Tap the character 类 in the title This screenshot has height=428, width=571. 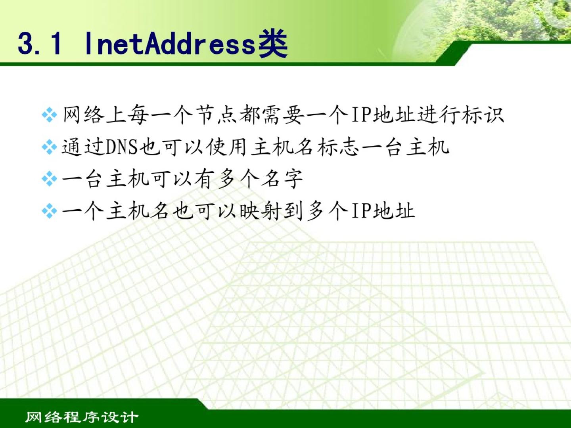click(273, 43)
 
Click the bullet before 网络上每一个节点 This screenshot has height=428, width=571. click(49, 115)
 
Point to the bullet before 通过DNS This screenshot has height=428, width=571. click(49, 147)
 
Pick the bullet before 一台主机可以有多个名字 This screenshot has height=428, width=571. click(49, 179)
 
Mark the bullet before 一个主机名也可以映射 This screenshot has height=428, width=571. click(49, 211)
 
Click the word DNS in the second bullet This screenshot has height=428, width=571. click(121, 147)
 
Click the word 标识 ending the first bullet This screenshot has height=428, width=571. click(483, 115)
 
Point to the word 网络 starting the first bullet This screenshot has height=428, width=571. click(84, 115)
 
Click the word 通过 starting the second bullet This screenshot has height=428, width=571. click(83, 147)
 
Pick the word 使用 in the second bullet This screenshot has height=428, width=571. click(226, 147)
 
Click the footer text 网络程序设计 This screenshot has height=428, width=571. click(81, 417)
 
